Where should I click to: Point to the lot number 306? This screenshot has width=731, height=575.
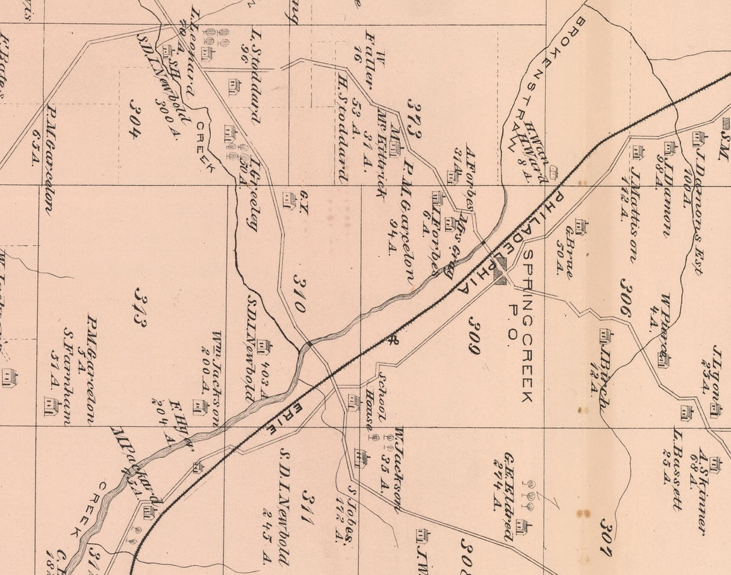(x=625, y=297)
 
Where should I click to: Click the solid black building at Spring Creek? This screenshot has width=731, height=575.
(x=500, y=272)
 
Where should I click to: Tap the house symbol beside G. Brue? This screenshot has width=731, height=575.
(x=580, y=227)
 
